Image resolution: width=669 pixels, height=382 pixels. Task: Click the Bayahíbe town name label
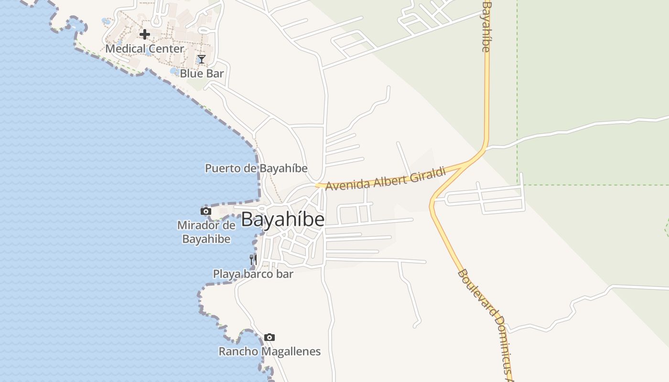tap(282, 219)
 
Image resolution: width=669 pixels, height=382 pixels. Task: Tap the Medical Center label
tap(144, 49)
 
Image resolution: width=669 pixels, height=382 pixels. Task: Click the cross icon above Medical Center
tap(144, 34)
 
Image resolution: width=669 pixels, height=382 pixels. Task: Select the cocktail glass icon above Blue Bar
tap(201, 59)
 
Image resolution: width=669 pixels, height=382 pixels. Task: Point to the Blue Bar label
tap(202, 74)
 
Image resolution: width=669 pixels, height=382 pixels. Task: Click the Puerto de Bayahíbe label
tap(256, 169)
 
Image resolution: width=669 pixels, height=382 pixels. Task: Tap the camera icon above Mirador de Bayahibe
tap(206, 211)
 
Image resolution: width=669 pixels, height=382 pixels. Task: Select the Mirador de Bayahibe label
tap(206, 232)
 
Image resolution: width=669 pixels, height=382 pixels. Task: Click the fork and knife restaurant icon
tap(253, 260)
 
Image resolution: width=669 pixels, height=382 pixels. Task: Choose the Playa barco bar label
tap(253, 274)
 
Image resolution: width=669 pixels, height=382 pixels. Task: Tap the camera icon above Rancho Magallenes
tap(270, 338)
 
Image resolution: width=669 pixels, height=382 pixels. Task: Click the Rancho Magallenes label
tap(270, 352)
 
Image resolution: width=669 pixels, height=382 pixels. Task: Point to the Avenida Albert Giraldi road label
tap(385, 178)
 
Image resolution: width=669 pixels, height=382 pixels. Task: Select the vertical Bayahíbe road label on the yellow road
tap(486, 26)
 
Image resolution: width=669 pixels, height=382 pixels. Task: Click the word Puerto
tap(223, 169)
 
